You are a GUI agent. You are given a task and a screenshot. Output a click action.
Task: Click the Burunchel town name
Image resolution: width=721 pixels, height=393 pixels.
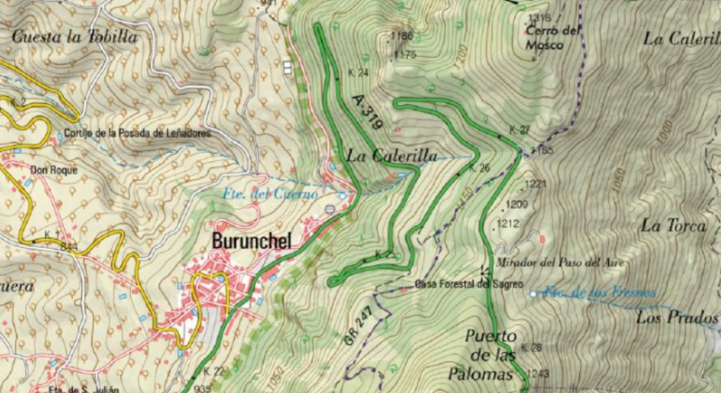(252, 241)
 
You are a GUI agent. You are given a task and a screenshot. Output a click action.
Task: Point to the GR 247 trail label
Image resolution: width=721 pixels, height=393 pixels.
(357, 326)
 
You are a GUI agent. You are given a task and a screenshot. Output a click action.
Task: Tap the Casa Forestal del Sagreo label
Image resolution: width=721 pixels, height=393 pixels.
(468, 284)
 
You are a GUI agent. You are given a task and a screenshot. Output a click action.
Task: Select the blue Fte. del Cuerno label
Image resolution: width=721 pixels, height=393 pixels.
(270, 194)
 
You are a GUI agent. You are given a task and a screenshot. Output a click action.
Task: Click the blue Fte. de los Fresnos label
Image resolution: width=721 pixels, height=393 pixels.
(600, 293)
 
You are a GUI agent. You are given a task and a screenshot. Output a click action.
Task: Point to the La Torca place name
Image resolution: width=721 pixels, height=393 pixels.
(673, 225)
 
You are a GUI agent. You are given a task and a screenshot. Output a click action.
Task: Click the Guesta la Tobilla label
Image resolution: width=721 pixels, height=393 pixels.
(74, 37)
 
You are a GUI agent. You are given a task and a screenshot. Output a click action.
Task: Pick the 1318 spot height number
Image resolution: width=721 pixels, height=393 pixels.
(539, 18)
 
